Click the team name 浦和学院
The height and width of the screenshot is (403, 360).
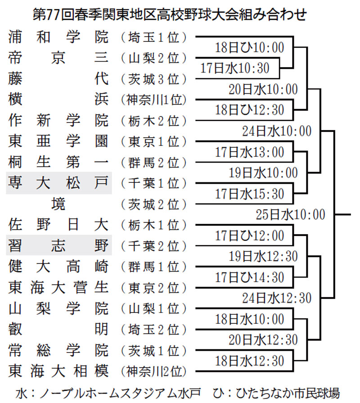tap(58, 37)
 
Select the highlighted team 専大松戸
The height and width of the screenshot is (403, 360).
tap(58, 183)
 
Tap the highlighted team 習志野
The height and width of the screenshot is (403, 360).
tap(58, 245)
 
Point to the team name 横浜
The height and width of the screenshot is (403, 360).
tap(58, 100)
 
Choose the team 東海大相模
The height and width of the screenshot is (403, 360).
tap(58, 371)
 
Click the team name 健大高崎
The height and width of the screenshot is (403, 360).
tap(58, 266)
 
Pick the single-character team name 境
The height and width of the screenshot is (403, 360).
tap(58, 204)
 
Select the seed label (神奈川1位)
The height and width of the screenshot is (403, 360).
tap(153, 100)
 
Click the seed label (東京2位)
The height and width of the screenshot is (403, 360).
tap(153, 288)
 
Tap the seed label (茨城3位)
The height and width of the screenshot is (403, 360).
tap(153, 79)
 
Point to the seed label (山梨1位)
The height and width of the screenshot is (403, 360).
tap(153, 308)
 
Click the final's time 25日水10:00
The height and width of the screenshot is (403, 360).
tap(290, 214)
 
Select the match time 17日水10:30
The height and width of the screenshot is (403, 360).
tap(235, 68)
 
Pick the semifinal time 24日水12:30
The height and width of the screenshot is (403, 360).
tap(277, 298)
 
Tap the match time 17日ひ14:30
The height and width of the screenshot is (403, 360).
tap(250, 277)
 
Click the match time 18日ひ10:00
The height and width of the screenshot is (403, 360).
tap(250, 48)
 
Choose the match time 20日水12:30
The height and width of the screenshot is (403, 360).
tap(263, 340)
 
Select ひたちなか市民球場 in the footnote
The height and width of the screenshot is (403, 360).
tap(288, 393)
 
